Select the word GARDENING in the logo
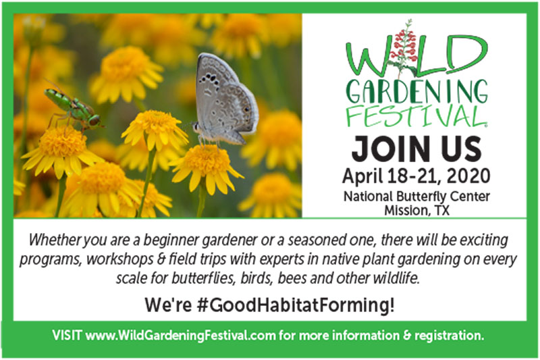[x=416, y=91]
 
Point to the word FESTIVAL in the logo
[x=416, y=116]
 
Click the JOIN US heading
[x=416, y=149]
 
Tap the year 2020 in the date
[x=468, y=176]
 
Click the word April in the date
[x=362, y=176]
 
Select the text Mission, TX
[x=416, y=210]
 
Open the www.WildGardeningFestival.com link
[x=181, y=335]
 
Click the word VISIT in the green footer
[x=67, y=335]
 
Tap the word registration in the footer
[x=449, y=335]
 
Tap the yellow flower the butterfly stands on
[x=206, y=168]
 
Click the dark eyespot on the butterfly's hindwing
[x=246, y=109]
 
